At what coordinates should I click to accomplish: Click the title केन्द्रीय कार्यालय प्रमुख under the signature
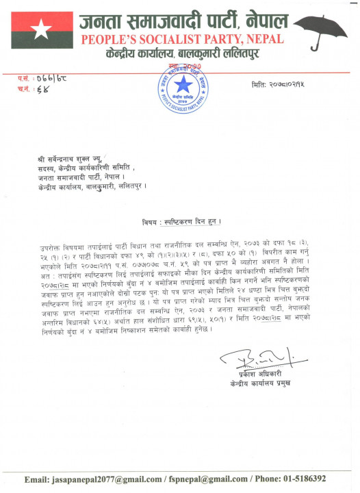265,384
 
